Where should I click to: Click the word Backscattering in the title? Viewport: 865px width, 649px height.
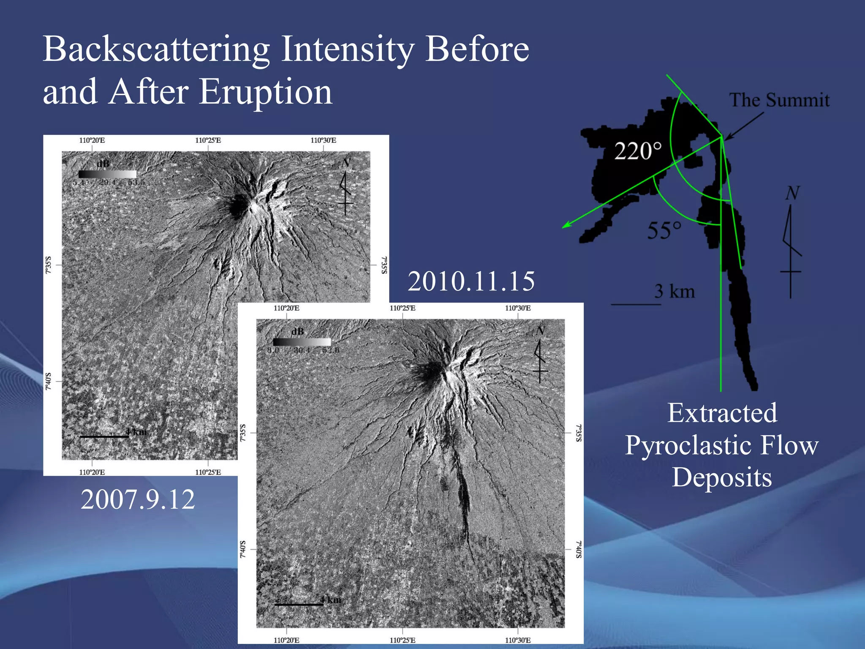coord(156,50)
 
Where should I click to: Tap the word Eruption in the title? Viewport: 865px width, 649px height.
coord(266,92)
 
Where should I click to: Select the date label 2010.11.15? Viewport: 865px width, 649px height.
coord(471,281)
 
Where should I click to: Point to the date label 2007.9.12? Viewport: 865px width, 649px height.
coord(138,499)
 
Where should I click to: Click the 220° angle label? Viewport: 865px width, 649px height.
coord(638,151)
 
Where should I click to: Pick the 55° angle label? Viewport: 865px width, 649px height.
coord(664,231)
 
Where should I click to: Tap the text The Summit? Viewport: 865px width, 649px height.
coord(779,101)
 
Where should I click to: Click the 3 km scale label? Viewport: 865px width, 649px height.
coord(675,292)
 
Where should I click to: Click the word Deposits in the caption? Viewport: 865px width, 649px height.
coord(722,477)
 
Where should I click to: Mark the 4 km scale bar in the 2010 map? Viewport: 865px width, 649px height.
coord(299,605)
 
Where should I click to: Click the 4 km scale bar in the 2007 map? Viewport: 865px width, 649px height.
coord(104,437)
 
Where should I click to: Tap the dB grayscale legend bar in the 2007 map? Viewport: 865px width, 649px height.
coord(107,174)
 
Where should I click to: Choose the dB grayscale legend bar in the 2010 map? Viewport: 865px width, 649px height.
coord(302,342)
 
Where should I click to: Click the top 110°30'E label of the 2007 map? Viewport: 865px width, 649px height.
coord(323,140)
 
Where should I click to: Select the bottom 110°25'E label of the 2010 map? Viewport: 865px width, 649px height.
coord(402,640)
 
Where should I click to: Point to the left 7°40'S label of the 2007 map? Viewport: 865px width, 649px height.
coord(48,381)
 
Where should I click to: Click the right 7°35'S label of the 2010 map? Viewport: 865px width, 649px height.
coord(579,433)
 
